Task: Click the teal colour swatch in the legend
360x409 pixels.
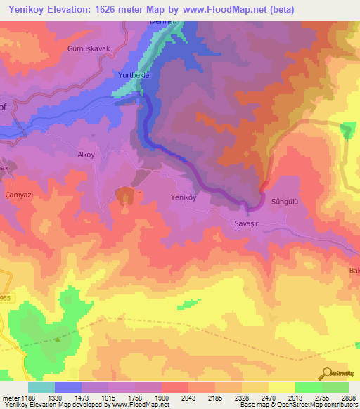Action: (x=41, y=387)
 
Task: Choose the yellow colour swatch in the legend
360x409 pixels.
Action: (x=281, y=387)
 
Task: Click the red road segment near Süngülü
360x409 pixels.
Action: (x=264, y=186)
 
